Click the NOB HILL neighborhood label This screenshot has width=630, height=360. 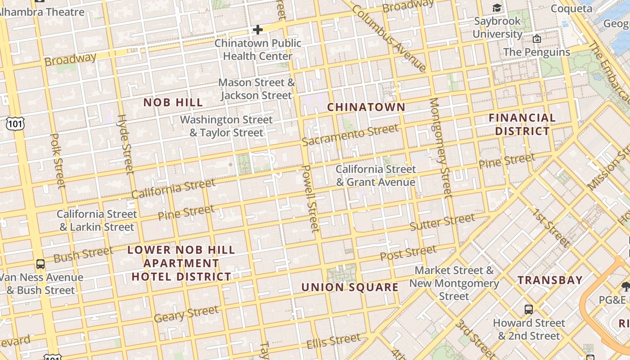point(173,103)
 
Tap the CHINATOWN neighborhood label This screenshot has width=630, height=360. point(366,107)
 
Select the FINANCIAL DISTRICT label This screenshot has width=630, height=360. point(522,125)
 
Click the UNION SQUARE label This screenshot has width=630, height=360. point(350,287)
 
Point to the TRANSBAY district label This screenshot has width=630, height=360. point(550,280)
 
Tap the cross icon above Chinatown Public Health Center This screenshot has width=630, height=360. point(257,30)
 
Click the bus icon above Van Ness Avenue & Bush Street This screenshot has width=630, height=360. point(40,264)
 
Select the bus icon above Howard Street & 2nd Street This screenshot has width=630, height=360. point(529,310)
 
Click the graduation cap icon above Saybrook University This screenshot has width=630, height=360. point(497,8)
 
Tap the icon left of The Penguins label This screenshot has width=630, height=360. point(536,39)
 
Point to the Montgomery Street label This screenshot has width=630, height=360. point(440,148)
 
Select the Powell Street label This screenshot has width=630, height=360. point(310,198)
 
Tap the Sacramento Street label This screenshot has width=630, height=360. point(350,135)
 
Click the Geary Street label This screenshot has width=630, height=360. point(186,314)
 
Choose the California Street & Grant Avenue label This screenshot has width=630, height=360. point(376,175)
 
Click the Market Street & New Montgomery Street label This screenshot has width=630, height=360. point(454,283)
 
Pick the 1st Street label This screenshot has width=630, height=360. point(552,228)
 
